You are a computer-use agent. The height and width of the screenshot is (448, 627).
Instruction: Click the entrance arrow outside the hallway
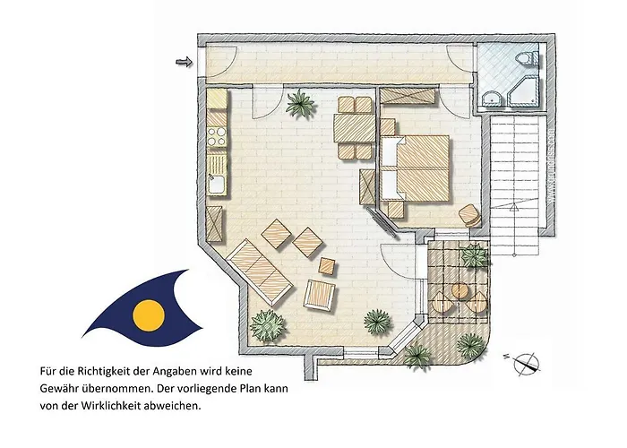pyautogui.click(x=185, y=62)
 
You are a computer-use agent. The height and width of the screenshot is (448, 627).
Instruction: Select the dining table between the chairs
pyautogui.click(x=355, y=128)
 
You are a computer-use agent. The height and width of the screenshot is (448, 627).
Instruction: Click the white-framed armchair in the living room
pyautogui.click(x=320, y=294)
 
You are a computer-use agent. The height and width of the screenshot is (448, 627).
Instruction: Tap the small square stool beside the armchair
pyautogui.click(x=328, y=264)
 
